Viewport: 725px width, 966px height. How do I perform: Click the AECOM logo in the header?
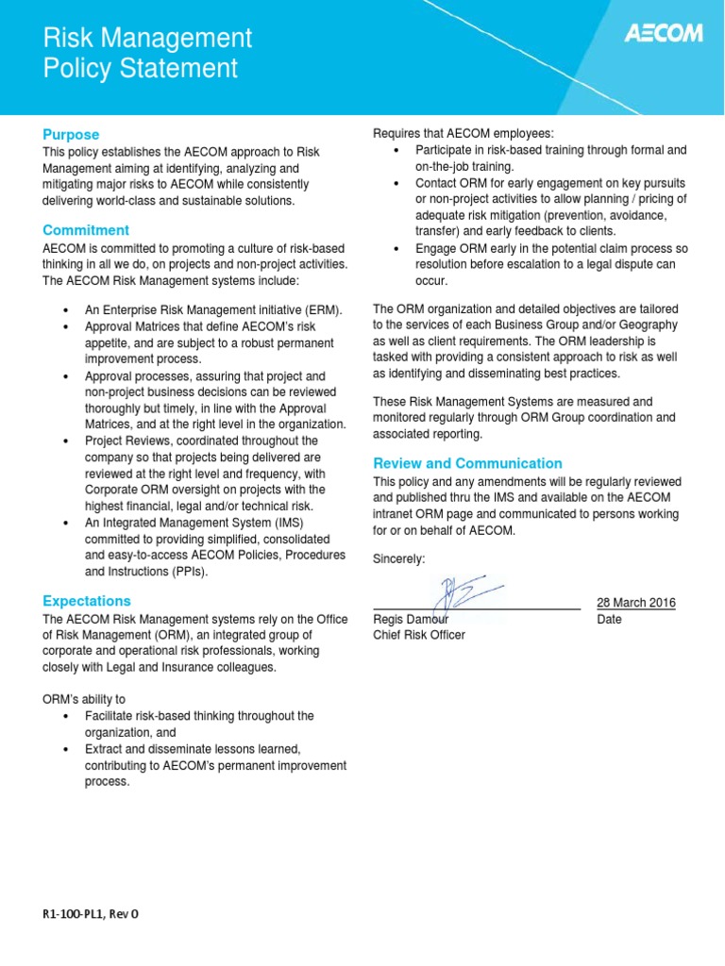pyautogui.click(x=664, y=34)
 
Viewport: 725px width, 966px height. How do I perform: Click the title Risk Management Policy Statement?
pyautogui.click(x=148, y=53)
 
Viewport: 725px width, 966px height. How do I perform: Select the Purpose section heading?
pyautogui.click(x=71, y=134)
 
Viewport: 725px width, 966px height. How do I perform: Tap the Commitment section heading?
pyautogui.click(x=86, y=230)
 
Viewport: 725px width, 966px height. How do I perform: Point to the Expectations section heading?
pyautogui.click(x=87, y=601)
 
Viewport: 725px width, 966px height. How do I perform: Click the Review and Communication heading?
pyautogui.click(x=467, y=463)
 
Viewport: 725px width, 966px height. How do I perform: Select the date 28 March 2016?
pyautogui.click(x=636, y=603)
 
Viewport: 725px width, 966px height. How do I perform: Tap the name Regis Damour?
pyautogui.click(x=411, y=620)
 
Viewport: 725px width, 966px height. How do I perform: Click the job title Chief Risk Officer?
pyautogui.click(x=419, y=635)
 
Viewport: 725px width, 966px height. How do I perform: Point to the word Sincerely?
pyautogui.click(x=399, y=559)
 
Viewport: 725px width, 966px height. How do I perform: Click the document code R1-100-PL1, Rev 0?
pyautogui.click(x=95, y=914)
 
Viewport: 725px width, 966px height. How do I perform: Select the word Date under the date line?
pyautogui.click(x=610, y=620)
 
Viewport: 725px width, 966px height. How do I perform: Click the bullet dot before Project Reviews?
pyautogui.click(x=65, y=441)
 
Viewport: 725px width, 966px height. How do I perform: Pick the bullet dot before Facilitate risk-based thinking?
pyautogui.click(x=65, y=716)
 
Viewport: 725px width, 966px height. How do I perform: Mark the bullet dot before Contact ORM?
pyautogui.click(x=396, y=182)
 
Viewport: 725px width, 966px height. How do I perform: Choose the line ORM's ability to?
pyautogui.click(x=84, y=699)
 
